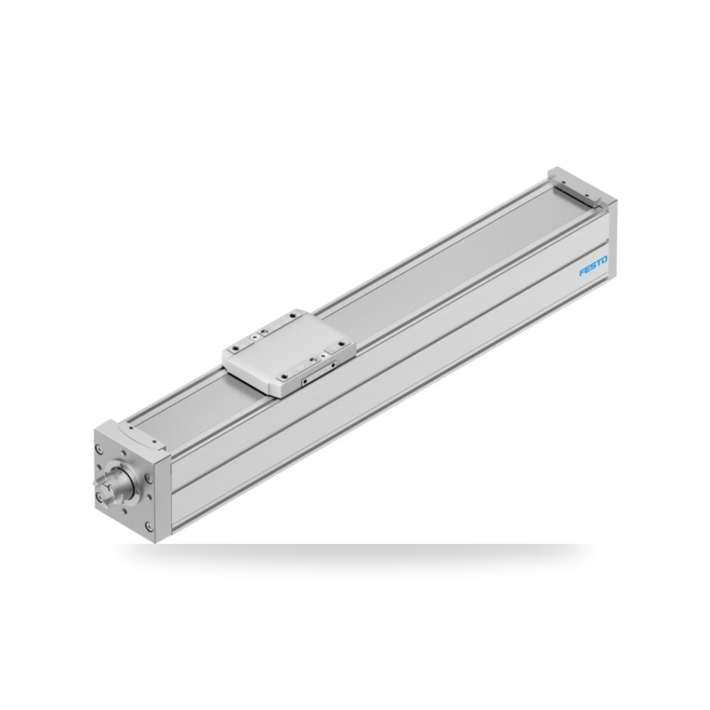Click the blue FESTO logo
click(593, 266)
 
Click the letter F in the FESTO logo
click(583, 272)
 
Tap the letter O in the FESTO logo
click(604, 261)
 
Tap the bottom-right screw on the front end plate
click(149, 525)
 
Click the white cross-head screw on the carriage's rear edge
click(258, 336)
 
